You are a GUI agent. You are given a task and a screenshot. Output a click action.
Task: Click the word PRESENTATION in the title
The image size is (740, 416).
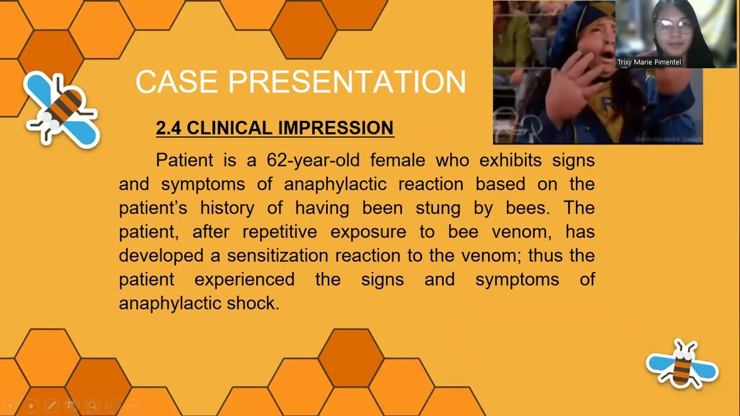tap(347, 82)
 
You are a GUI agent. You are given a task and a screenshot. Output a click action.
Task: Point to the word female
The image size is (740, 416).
tap(397, 160)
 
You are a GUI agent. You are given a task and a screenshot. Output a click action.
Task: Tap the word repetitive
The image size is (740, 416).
tap(279, 232)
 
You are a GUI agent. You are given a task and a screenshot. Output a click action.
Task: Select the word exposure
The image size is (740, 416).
tap(368, 232)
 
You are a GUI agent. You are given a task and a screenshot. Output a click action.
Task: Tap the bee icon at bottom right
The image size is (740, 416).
tap(682, 364)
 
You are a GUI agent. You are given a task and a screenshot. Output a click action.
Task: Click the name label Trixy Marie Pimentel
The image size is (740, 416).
tap(649, 62)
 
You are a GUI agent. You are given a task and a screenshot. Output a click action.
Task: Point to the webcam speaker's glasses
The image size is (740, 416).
tap(673, 27)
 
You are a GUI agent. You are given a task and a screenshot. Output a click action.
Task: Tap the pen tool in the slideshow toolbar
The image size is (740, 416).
tap(51, 406)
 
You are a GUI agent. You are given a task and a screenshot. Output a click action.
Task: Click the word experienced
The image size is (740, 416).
tap(244, 280)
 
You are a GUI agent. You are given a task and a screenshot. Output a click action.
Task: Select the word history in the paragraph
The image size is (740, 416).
tap(227, 208)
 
